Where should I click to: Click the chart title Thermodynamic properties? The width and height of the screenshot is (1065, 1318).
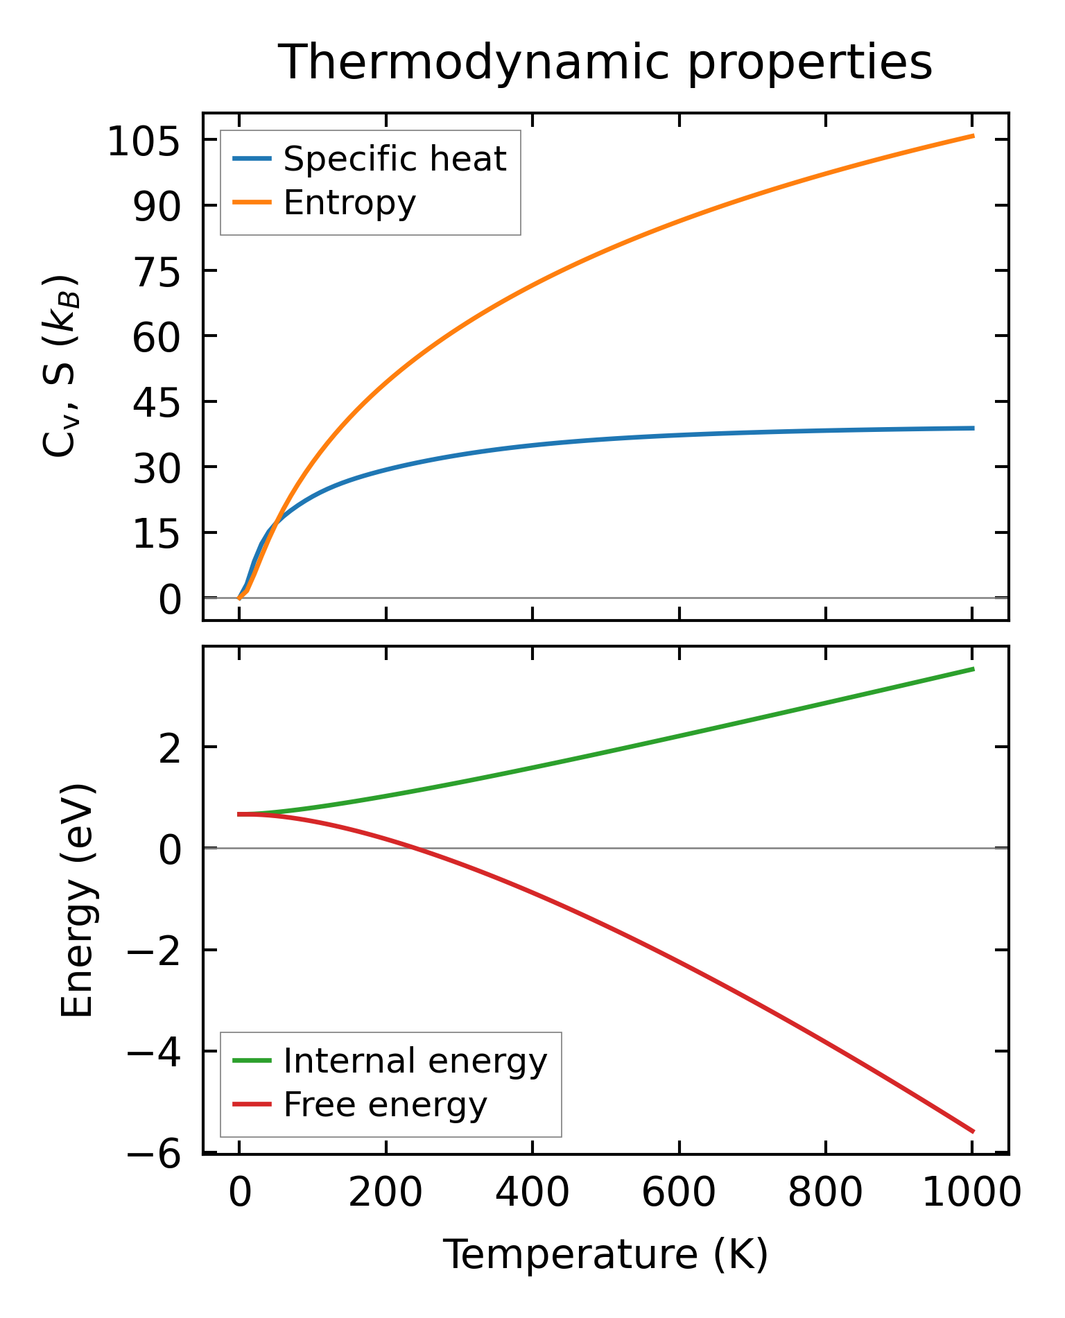(605, 62)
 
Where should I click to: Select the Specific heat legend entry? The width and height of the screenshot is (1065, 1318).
(395, 159)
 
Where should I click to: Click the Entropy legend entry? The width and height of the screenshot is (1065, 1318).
(349, 202)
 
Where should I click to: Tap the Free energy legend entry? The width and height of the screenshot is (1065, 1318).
(385, 1104)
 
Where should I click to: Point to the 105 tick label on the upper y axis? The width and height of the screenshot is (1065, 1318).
(144, 144)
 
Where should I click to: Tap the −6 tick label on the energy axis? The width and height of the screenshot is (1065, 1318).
(154, 1156)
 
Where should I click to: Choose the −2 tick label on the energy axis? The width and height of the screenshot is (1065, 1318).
(154, 951)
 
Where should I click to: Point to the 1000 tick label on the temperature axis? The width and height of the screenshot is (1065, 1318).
(972, 1194)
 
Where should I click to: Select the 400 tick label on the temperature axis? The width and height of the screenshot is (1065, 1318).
(532, 1194)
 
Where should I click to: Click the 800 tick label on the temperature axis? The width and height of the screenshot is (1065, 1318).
(825, 1194)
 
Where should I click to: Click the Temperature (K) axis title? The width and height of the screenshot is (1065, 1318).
(605, 1255)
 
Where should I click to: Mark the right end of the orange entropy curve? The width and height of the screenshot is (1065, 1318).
(973, 136)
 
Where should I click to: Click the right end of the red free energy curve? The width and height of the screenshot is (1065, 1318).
(973, 1131)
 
